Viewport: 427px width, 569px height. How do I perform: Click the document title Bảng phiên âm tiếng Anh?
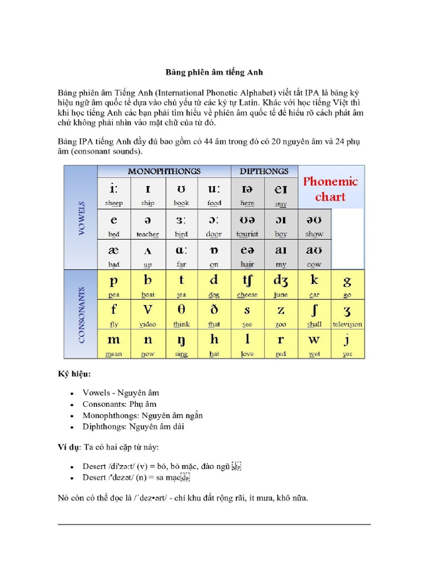point(213,72)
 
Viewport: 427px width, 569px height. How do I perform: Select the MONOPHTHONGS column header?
point(164,171)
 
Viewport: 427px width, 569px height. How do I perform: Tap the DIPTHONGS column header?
point(264,171)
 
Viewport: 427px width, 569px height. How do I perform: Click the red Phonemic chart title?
point(330,189)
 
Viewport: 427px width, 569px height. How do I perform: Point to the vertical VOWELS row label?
point(81,218)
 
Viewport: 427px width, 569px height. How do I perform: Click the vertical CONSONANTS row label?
point(81,314)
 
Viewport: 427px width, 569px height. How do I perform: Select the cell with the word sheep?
point(114,193)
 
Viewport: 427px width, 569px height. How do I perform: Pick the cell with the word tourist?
point(247,224)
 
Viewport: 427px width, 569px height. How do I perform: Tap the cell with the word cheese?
point(247,285)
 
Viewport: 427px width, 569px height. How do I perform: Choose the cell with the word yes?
point(347,345)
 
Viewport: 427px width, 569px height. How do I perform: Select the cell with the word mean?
point(114,345)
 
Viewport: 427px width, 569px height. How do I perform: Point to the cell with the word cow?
point(314,255)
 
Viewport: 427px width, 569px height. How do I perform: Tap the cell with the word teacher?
point(147,224)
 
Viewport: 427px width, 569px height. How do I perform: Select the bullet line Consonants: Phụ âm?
point(120,404)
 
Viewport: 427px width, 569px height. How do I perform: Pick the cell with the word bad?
point(114,255)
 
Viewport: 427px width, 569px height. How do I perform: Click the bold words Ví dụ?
point(69,447)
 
